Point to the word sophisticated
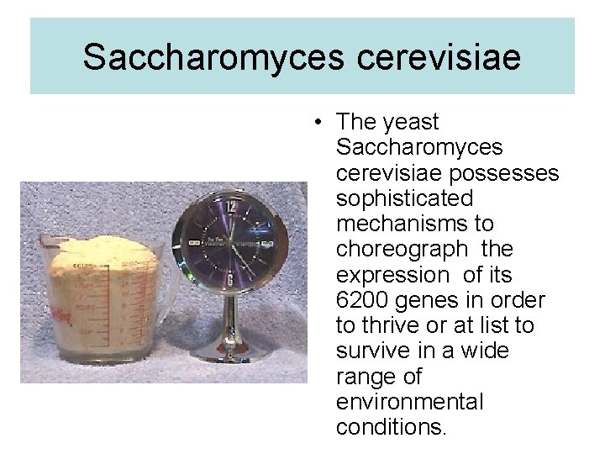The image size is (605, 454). (x=403, y=199)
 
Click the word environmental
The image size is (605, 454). (x=409, y=402)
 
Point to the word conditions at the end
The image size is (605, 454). (x=391, y=427)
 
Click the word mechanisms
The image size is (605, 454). (x=402, y=224)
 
